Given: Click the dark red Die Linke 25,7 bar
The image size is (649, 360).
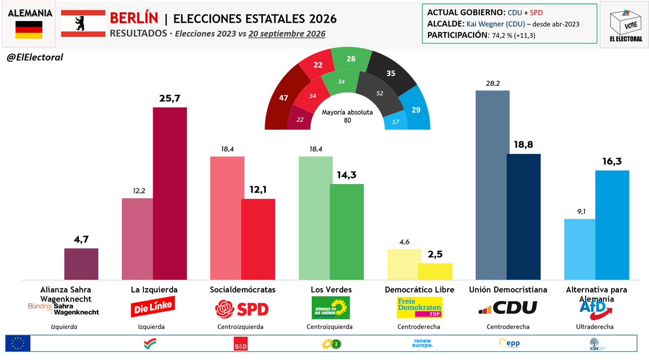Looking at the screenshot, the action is tap(170, 194).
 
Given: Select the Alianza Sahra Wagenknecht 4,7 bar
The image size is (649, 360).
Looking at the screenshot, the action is tap(81, 264).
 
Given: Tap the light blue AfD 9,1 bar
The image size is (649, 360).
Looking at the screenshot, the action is tap(580, 249).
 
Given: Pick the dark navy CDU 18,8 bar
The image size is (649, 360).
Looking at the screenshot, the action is tap(523, 217).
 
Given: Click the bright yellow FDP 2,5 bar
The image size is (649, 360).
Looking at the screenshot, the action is tap(435, 271).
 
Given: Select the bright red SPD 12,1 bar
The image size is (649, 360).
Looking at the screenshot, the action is tap(258, 239).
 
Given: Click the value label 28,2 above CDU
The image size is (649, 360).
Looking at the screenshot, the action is tap(493, 83).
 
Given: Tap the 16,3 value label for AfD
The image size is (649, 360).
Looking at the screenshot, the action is tap(612, 161).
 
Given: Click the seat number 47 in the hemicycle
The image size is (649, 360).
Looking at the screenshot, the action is tap(283, 98).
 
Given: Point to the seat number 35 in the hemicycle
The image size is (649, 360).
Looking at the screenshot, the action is tap(391, 73).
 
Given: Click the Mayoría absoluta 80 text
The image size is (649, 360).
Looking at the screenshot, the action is tap(348, 116).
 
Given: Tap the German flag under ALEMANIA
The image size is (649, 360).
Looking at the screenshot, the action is tap(29, 30).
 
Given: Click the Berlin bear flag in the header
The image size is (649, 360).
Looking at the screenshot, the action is tap(83, 24).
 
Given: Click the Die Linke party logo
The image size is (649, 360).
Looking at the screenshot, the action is tap(153, 307).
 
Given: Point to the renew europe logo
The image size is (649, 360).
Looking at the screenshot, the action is tap(422, 343).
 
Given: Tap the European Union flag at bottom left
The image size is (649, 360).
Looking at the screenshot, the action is tap(18, 343).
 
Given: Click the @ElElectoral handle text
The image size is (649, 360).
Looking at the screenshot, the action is tap(35, 57).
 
